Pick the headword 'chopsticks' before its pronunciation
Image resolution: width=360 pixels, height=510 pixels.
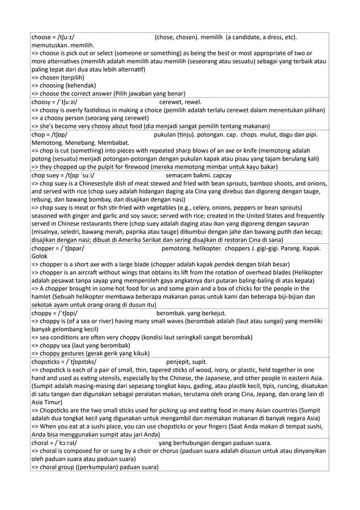coord(49,361)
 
